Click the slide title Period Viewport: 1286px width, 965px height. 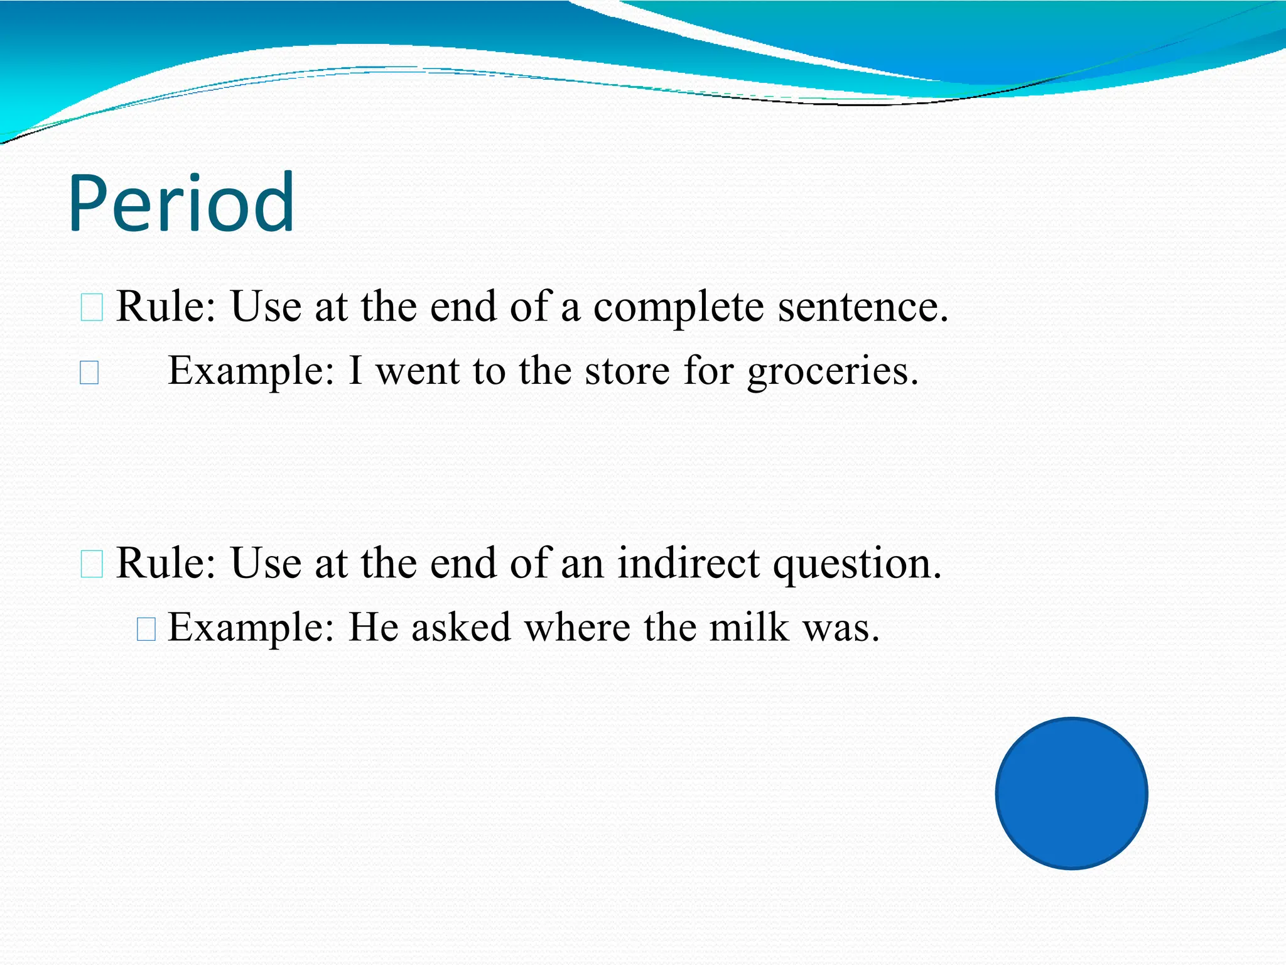point(181,204)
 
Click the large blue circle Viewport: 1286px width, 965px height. point(1071,793)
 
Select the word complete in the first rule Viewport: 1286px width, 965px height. point(678,307)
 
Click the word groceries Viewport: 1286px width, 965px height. point(832,371)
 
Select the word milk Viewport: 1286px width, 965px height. point(748,627)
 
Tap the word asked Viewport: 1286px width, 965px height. point(461,627)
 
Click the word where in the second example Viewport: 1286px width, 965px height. point(577,627)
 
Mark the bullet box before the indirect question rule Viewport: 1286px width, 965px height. point(92,564)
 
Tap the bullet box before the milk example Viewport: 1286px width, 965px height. point(146,629)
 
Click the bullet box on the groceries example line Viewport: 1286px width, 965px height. point(89,373)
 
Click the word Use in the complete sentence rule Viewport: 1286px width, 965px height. point(266,307)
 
